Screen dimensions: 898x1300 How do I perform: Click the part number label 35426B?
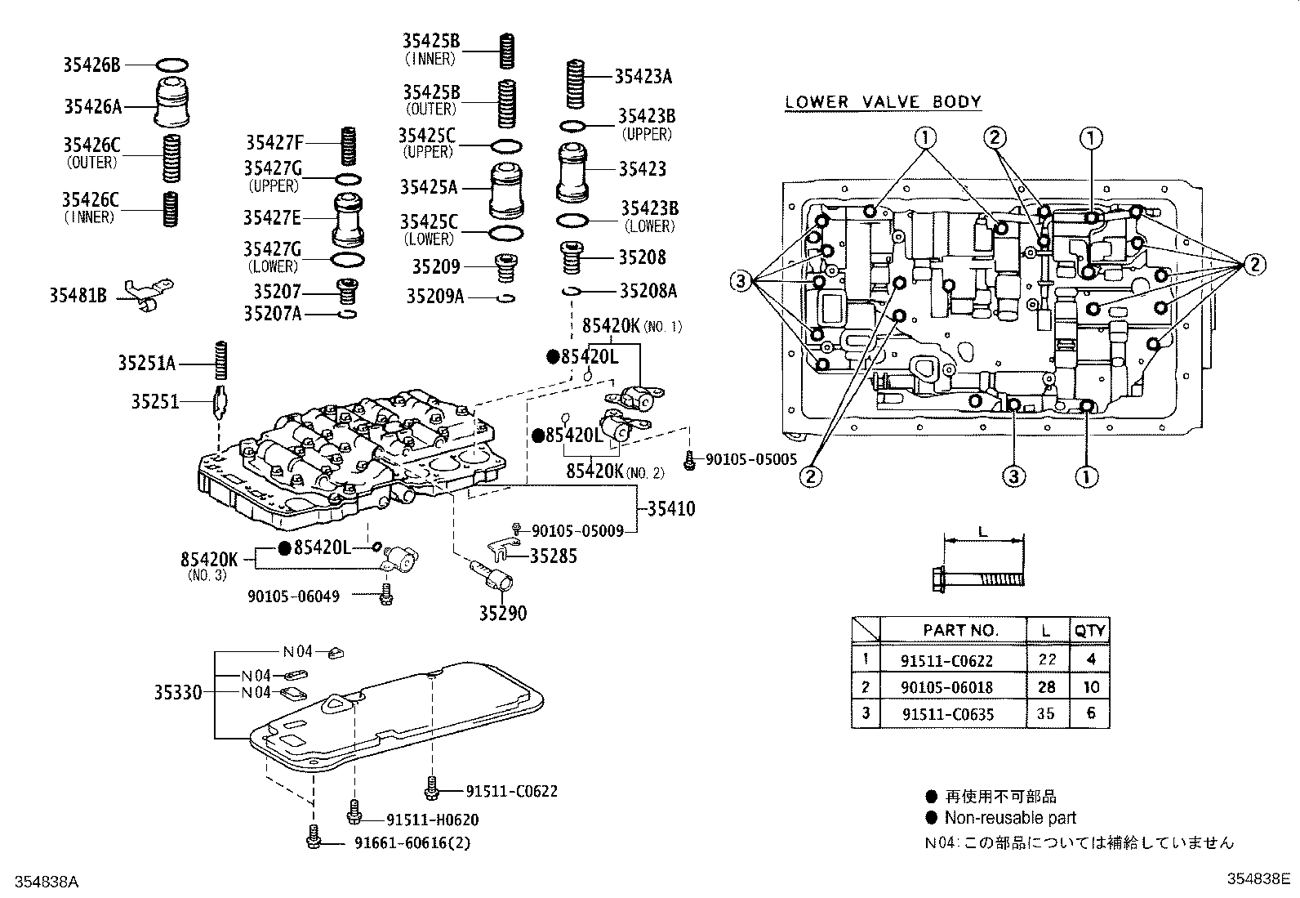coord(91,64)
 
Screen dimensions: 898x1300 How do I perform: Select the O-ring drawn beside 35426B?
coord(171,64)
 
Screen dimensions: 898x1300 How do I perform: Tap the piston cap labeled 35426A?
coord(172,103)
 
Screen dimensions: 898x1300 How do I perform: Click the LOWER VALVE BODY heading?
coord(883,102)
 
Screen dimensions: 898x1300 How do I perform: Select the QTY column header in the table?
coord(1089,630)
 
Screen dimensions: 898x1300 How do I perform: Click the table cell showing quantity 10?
coord(1090,687)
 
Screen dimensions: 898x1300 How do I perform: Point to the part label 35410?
coord(671,508)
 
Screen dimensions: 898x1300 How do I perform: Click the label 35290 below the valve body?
coord(502,613)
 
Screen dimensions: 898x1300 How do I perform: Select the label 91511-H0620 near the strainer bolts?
coord(432,820)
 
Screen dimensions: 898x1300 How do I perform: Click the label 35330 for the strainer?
coord(178,693)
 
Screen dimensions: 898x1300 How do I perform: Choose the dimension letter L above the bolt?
coord(982,530)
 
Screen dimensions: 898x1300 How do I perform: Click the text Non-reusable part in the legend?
coord(1010,818)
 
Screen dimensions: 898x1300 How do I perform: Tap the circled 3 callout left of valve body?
coord(740,282)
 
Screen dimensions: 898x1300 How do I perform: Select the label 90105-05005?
coord(750,460)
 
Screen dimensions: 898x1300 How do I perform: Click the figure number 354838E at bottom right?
coord(1258,879)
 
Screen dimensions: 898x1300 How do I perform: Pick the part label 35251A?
coord(146,364)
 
